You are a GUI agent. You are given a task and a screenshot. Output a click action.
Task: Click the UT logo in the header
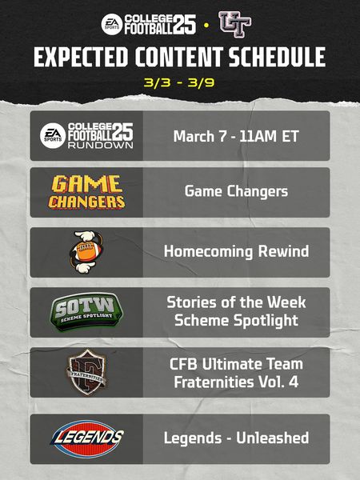pos(235,25)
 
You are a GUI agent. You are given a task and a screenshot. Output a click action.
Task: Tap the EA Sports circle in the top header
pos(112,25)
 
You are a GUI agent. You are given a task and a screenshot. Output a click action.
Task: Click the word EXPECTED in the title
pos(81,57)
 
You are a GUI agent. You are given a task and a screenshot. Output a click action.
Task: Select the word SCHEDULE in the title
pos(277,57)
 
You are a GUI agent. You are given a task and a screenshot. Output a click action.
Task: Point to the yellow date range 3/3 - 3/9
pos(179,82)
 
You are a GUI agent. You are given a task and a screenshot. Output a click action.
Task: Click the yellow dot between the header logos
pos(206,25)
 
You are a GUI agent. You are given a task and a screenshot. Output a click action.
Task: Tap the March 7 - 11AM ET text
pos(236,136)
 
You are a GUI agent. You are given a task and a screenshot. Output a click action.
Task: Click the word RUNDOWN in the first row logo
pos(101,145)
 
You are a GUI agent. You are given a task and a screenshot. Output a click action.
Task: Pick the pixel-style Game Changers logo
pos(86,192)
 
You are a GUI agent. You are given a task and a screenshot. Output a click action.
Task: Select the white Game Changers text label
pos(236,192)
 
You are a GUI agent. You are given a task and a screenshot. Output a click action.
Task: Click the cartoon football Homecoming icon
pos(86,252)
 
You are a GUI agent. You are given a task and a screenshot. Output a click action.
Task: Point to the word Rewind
pos(283,251)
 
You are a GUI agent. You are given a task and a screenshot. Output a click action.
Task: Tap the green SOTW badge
pos(86,312)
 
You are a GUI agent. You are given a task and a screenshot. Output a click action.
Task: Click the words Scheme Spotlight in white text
pos(236,321)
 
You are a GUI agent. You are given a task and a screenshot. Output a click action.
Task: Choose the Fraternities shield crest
pos(87,372)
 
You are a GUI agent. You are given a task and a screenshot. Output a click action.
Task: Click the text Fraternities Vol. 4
pos(236,382)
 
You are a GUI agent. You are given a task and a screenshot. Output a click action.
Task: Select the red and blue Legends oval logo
pos(87,439)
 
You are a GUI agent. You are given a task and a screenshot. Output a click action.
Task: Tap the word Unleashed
pos(273,438)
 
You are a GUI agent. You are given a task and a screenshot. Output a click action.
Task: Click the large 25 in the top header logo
pos(184,25)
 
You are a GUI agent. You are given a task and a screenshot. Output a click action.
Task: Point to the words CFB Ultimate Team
pos(236,364)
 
